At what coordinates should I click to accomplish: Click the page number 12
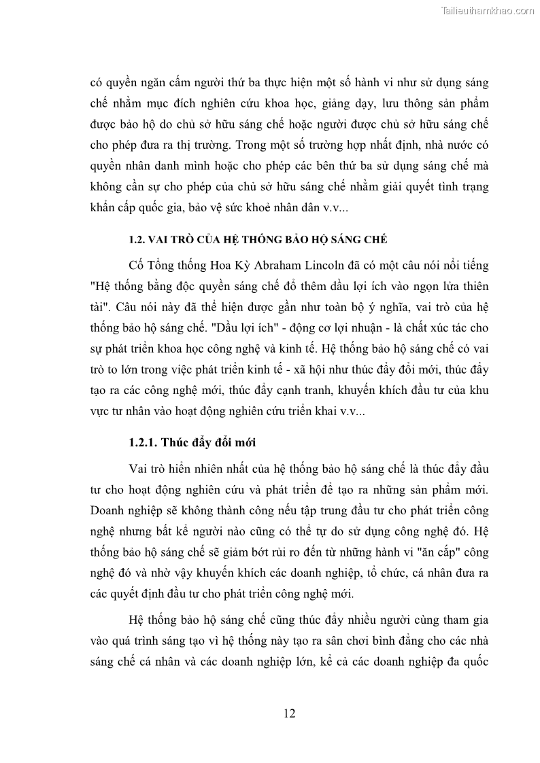coord(289,713)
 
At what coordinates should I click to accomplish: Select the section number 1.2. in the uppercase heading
coord(139,240)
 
